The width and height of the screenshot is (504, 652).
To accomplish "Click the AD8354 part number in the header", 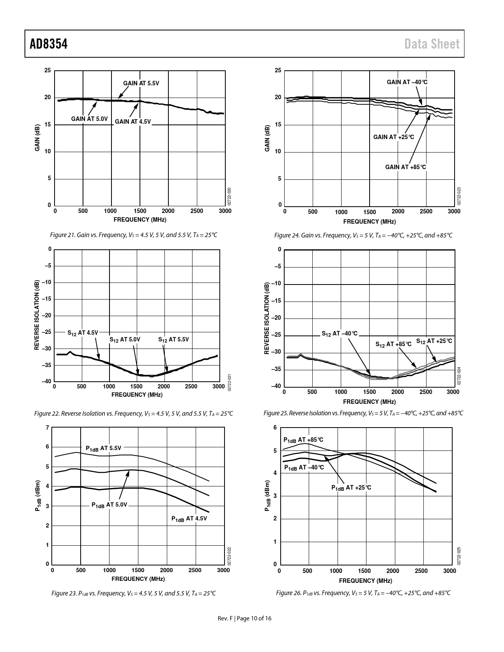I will [x=49, y=44].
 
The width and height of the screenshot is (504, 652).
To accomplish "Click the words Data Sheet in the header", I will [x=432, y=44].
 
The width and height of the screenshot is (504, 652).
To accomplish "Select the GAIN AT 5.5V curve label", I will [x=141, y=83].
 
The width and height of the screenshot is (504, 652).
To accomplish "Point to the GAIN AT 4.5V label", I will [x=133, y=122].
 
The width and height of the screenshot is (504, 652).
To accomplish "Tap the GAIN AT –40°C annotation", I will [x=407, y=82].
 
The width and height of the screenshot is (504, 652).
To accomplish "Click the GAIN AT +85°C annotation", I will [x=406, y=167].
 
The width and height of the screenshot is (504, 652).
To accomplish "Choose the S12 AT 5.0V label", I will [x=125, y=339].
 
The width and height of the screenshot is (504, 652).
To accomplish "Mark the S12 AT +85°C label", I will [x=393, y=344].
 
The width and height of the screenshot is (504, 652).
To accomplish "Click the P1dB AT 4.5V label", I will [x=189, y=519].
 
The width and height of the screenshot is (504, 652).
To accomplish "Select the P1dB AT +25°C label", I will [x=351, y=488].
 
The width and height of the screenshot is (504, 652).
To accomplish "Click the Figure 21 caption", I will [x=134, y=235].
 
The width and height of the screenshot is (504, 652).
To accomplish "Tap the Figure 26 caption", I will [x=363, y=593].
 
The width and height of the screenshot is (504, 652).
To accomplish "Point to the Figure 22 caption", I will [x=134, y=414].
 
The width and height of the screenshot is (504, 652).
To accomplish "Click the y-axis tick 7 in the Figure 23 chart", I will [x=47, y=428].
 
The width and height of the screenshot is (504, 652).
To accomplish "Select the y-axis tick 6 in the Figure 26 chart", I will [x=276, y=428].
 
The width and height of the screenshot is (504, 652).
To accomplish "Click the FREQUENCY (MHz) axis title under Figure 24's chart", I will [x=369, y=222].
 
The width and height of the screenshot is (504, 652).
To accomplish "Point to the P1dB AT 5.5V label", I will [x=104, y=448].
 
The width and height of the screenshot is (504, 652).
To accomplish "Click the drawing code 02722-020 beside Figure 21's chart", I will [x=229, y=196].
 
